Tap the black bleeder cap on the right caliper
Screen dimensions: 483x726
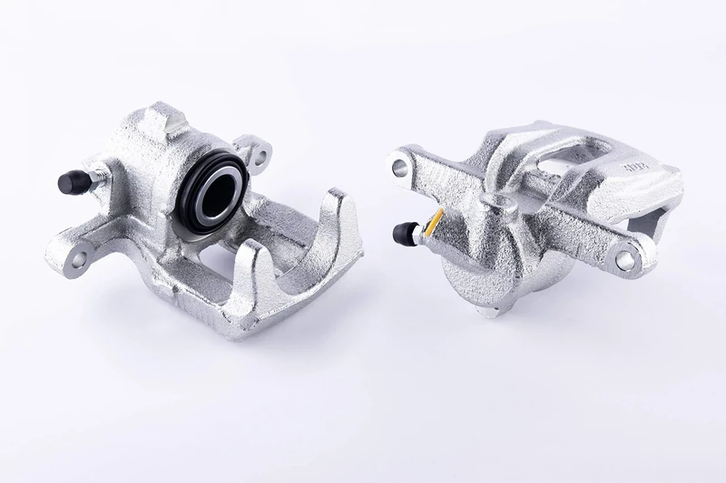tap(403, 234)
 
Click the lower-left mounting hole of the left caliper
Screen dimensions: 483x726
tap(78, 259)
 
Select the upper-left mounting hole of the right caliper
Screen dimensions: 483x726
tap(399, 166)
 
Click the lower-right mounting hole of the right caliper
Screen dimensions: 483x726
tap(625, 259)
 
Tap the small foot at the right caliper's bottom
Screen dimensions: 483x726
tap(487, 311)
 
